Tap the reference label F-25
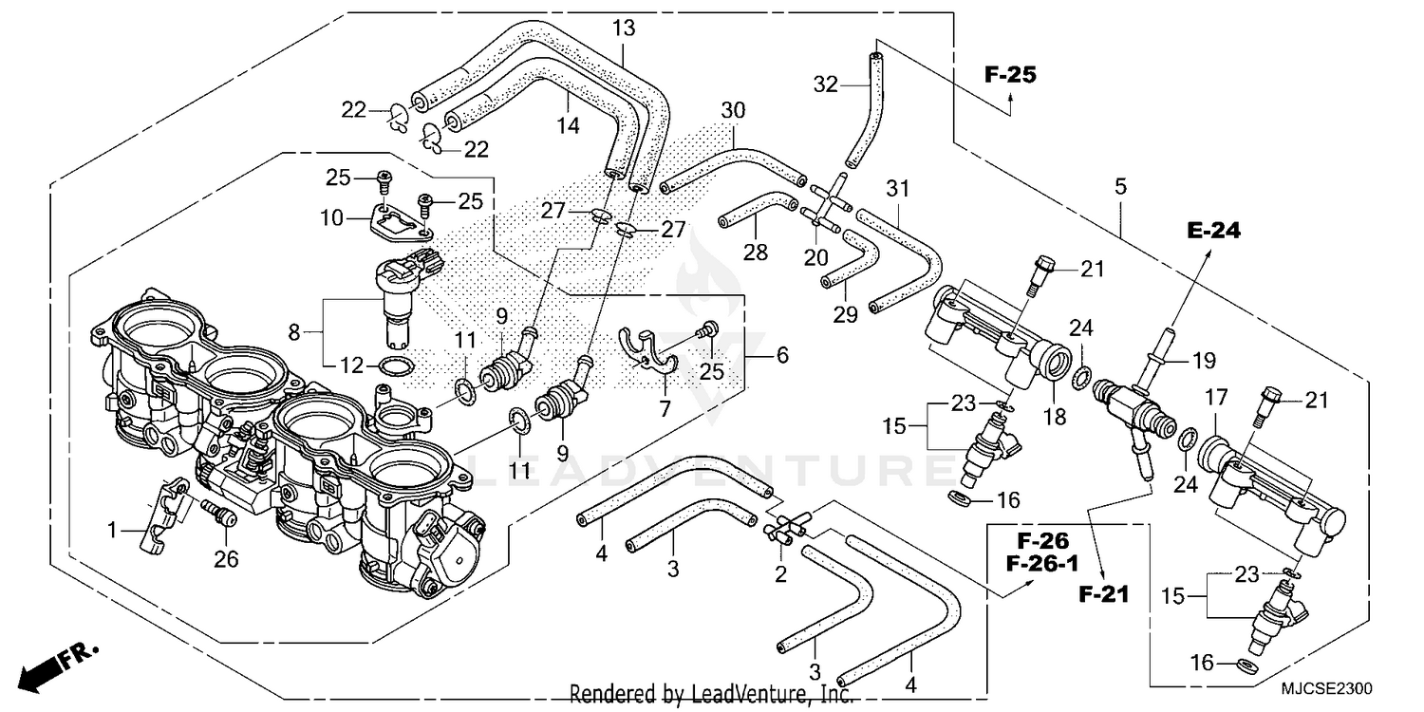pos(1009,75)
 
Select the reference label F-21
pos(1104,595)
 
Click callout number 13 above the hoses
pos(623,28)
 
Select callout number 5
pos(1120,187)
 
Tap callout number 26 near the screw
pos(225,560)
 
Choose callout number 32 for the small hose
pos(825,84)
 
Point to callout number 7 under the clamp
pos(665,409)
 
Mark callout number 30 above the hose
pos(732,110)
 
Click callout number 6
pos(781,356)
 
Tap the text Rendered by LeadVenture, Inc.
pos(710,695)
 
